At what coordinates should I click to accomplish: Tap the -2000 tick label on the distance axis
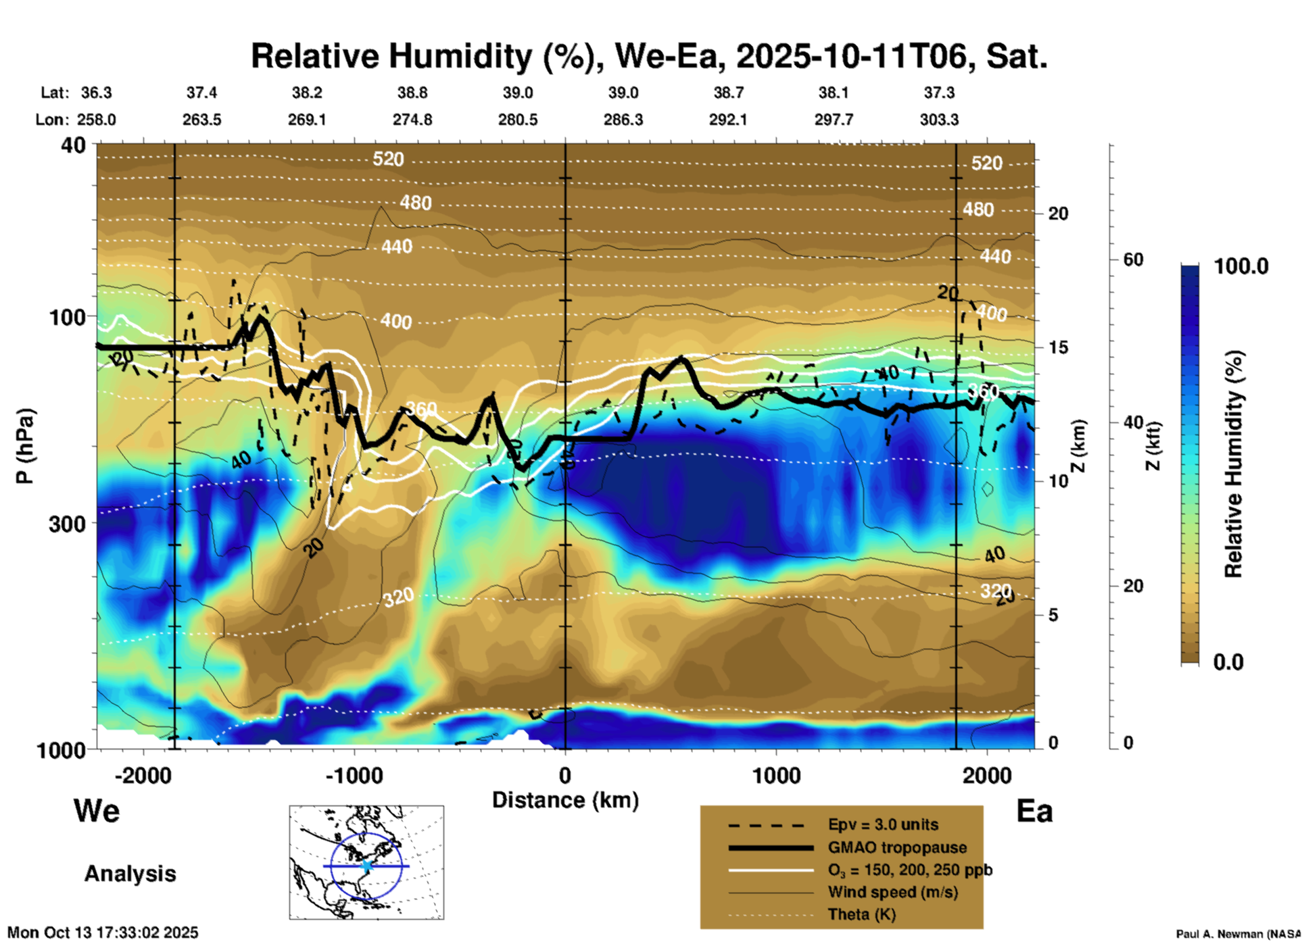pyautogui.click(x=143, y=775)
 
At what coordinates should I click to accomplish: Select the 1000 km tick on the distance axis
pyautogui.click(x=776, y=775)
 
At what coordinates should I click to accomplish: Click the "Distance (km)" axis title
pyautogui.click(x=565, y=800)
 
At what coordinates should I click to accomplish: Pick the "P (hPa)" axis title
pyautogui.click(x=25, y=446)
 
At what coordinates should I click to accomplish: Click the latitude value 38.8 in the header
pyautogui.click(x=412, y=93)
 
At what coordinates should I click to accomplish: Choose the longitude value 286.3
pyautogui.click(x=623, y=120)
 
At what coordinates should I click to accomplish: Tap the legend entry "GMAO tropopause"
pyautogui.click(x=897, y=847)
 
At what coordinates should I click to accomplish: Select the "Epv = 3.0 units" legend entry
pyautogui.click(x=883, y=824)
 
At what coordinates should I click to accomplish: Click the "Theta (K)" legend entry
pyautogui.click(x=861, y=914)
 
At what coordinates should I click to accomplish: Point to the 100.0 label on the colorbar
pyautogui.click(x=1241, y=266)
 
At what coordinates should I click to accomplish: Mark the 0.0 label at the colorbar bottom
pyautogui.click(x=1228, y=662)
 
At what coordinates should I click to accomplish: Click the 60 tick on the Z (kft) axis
pyautogui.click(x=1133, y=259)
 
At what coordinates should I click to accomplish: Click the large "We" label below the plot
pyautogui.click(x=97, y=810)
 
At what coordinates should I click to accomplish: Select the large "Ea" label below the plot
pyautogui.click(x=1034, y=812)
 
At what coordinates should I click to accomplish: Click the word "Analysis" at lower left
pyautogui.click(x=130, y=873)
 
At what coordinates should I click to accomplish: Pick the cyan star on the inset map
pyautogui.click(x=366, y=866)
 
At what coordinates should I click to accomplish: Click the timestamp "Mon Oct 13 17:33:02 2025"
pyautogui.click(x=103, y=933)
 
